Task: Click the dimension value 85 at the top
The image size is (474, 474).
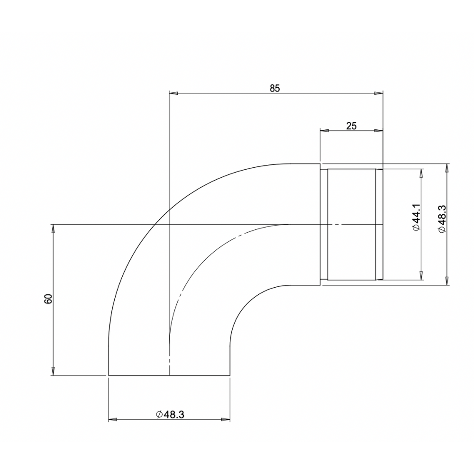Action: click(275, 88)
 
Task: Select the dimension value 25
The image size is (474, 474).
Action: click(351, 126)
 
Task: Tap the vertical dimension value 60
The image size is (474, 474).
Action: click(47, 299)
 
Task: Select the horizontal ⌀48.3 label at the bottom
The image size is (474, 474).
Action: click(169, 414)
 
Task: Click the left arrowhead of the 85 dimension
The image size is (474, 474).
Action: click(173, 93)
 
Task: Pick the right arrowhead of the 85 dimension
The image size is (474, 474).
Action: click(379, 93)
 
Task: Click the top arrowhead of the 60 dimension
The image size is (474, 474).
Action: click(53, 228)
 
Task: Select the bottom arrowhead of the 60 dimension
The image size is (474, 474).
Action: click(53, 372)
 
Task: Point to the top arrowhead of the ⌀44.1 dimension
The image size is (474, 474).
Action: click(420, 173)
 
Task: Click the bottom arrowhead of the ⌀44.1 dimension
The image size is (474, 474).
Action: click(420, 276)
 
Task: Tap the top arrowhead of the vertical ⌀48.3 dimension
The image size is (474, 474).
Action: click(446, 168)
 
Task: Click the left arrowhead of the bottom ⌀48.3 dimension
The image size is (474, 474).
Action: click(113, 420)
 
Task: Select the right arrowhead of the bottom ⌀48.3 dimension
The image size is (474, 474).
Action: click(227, 420)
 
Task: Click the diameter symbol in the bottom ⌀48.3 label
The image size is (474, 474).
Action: click(159, 415)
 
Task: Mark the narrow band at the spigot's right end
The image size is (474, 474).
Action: click(379, 224)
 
